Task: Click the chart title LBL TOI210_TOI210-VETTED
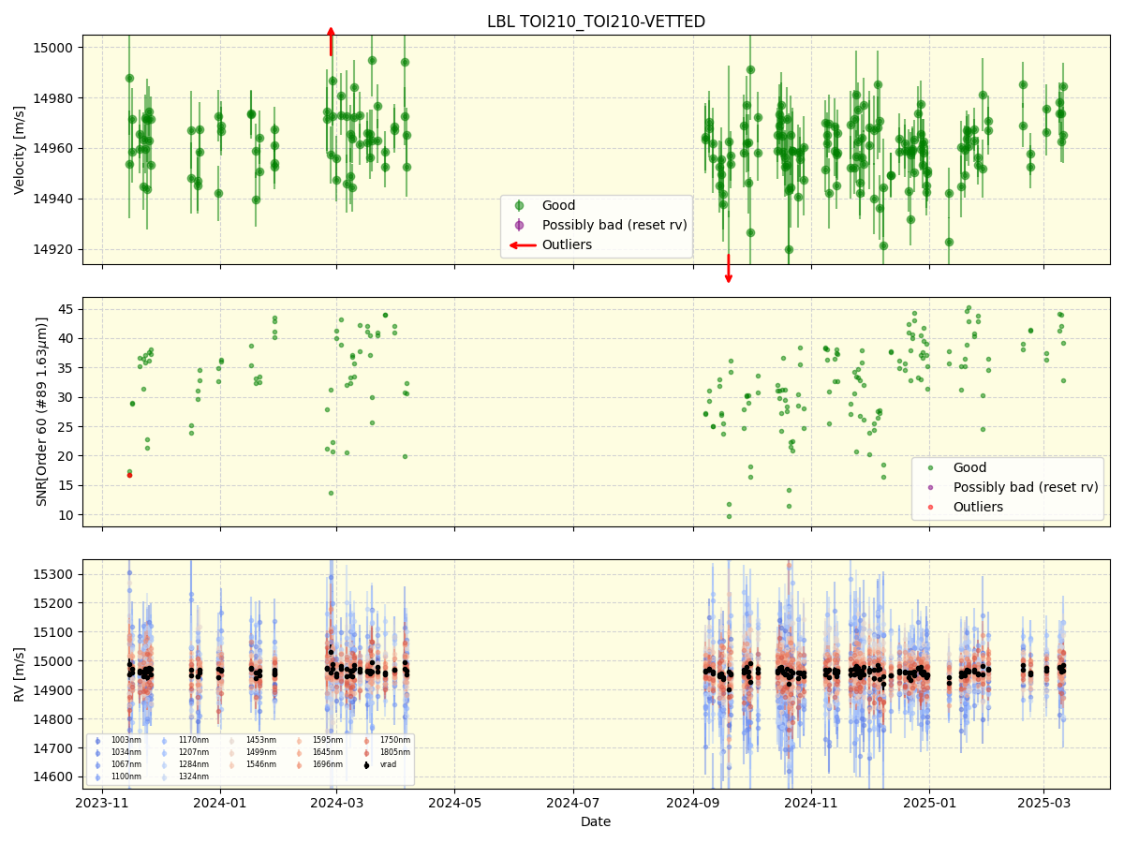click(x=596, y=22)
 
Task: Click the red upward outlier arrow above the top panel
click(x=331, y=41)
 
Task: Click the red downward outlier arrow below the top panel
click(x=728, y=269)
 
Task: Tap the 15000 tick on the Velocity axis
click(x=64, y=48)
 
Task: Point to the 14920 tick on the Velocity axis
click(x=64, y=249)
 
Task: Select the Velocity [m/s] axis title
click(x=20, y=150)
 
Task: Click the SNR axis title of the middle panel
click(x=42, y=411)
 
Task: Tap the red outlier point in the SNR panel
click(x=129, y=475)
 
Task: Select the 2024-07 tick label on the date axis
click(x=572, y=802)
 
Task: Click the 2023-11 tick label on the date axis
click(x=102, y=802)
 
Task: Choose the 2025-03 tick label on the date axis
click(x=1044, y=802)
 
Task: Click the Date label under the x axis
click(x=596, y=822)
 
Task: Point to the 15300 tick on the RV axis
click(x=60, y=574)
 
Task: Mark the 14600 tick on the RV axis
click(x=60, y=776)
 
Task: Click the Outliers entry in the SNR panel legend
click(x=978, y=507)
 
